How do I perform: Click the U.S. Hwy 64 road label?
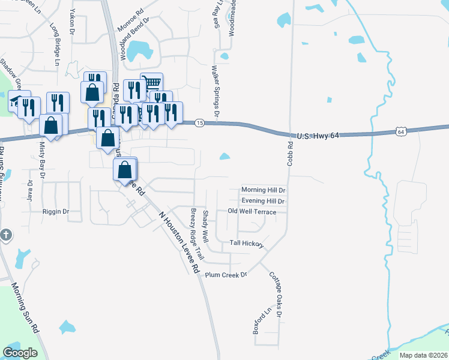click(x=318, y=136)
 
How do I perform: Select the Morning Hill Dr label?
click(x=263, y=190)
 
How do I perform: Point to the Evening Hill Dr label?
click(x=262, y=201)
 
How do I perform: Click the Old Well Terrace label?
click(x=252, y=212)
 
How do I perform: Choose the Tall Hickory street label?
click(x=247, y=244)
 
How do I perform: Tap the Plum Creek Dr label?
click(x=226, y=275)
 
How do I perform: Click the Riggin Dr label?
click(x=56, y=212)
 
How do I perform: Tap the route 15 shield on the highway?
click(x=200, y=122)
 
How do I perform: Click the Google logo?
click(x=20, y=353)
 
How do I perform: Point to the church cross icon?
click(x=5, y=234)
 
